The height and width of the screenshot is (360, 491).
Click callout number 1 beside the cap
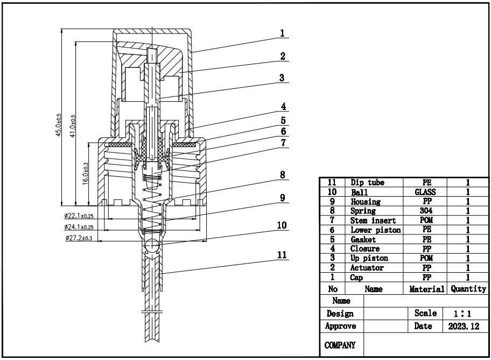282,33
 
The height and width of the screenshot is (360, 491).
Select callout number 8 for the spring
282,175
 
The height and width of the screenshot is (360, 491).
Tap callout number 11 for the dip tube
282,254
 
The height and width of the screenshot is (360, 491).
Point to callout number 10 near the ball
282,225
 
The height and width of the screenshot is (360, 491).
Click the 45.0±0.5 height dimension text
59,124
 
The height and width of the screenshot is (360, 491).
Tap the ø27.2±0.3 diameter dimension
79,238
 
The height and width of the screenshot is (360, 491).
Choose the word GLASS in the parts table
425,192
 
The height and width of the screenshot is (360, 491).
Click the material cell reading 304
425,211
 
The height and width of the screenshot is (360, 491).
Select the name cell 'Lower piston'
375,230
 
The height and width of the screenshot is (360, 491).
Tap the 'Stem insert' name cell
373,220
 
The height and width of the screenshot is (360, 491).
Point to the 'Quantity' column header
468,289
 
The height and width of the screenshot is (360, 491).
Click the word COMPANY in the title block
341,345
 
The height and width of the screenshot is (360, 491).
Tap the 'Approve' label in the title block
341,326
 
